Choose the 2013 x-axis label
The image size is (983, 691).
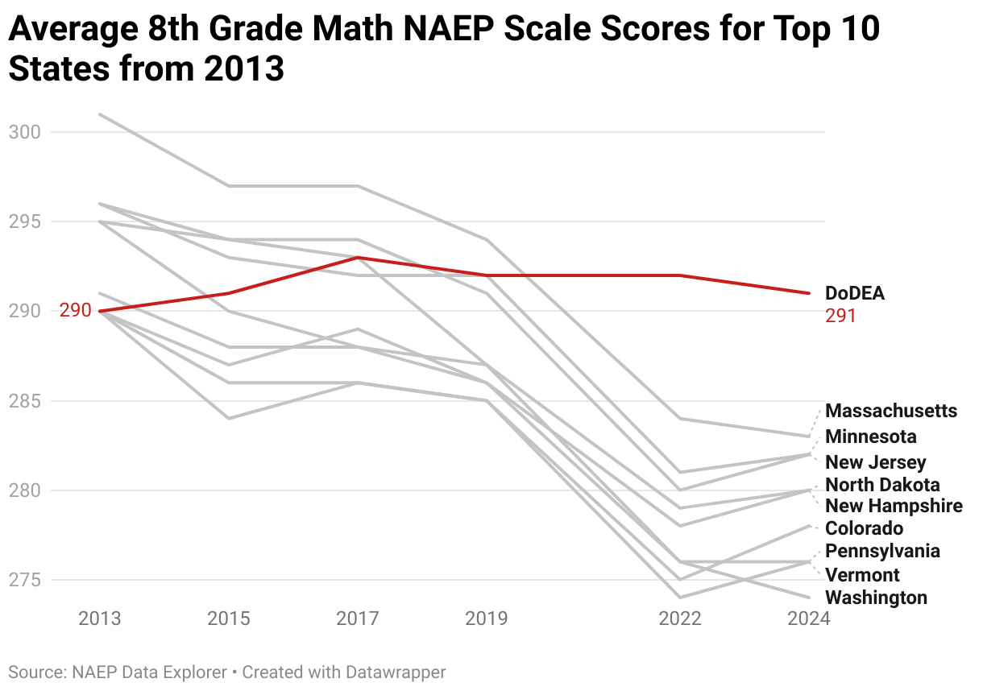pos(99,619)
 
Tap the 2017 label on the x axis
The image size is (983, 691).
pos(358,619)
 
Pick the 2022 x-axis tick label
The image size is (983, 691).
pos(680,619)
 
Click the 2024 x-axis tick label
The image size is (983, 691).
pos(808,619)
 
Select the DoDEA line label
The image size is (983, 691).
pos(855,294)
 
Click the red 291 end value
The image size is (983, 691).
pos(840,316)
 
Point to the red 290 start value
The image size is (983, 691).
pos(76,311)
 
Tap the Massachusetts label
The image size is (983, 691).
pos(891,411)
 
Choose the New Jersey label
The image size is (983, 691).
pos(875,462)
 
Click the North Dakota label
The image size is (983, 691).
pos(882,485)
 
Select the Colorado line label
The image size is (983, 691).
pos(865,528)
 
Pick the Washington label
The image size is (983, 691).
pos(876,598)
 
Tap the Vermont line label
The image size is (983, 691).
pos(862,575)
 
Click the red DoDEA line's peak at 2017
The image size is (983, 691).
pos(358,258)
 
